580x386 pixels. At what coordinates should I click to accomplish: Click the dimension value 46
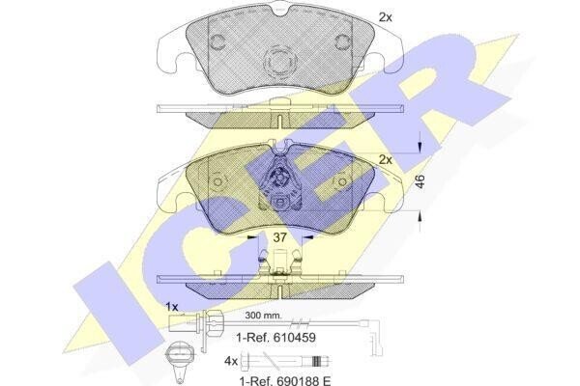pyautogui.click(x=420, y=181)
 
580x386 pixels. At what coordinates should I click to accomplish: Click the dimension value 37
pyautogui.click(x=279, y=237)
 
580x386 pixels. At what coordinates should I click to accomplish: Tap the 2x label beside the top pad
pyautogui.click(x=385, y=17)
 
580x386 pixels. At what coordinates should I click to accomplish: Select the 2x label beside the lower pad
pyautogui.click(x=385, y=160)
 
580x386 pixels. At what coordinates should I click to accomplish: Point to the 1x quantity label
pyautogui.click(x=172, y=307)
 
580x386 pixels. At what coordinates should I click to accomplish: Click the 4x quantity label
pyautogui.click(x=231, y=361)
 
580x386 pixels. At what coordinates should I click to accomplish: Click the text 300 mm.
pyautogui.click(x=263, y=316)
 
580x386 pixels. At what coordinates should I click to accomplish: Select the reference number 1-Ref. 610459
pyautogui.click(x=275, y=337)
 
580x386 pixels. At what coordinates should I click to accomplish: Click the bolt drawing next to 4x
pyautogui.click(x=286, y=361)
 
